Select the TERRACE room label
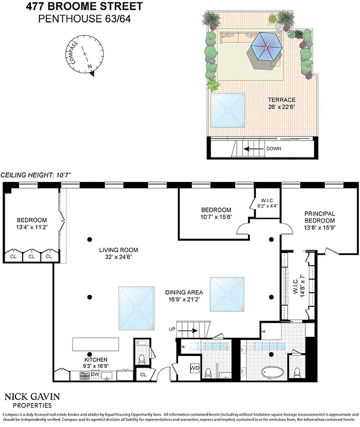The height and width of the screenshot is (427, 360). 282,100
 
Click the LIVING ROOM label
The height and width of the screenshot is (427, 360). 118,250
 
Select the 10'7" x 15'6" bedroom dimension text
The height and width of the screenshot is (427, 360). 216,217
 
